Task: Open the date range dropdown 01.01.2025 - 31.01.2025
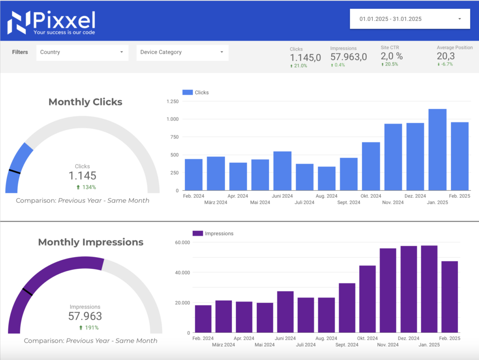410,19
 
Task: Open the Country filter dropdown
82,52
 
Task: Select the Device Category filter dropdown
182,52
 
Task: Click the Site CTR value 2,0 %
392,57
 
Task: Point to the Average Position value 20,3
446,57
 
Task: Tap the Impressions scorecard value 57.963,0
348,57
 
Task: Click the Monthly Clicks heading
85,102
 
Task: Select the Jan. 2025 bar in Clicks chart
437,150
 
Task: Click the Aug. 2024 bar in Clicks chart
327,179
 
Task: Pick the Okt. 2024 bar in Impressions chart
367,299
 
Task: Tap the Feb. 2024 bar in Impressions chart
203,319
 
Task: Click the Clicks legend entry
196,93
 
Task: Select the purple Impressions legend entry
213,233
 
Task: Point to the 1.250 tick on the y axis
172,101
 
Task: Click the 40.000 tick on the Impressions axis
181,273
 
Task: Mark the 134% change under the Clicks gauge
86,187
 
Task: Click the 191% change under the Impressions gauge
89,328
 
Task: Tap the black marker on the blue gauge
15,172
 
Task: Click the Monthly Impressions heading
91,242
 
